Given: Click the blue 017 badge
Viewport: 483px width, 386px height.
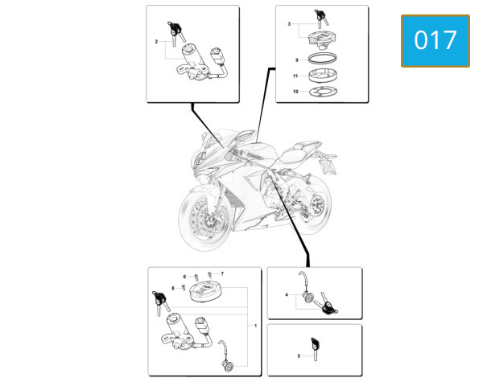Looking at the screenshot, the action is pos(436,41).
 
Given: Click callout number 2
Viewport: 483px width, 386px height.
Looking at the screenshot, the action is pos(156,41).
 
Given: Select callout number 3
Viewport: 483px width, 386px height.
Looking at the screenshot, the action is pos(289,23).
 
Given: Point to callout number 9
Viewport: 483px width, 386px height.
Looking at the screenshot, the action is pos(296,60).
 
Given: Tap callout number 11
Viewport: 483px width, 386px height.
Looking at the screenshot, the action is pos(295,76).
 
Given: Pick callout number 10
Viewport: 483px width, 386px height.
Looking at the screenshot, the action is pos(295,92).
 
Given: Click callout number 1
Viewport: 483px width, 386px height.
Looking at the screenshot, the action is pos(255,326).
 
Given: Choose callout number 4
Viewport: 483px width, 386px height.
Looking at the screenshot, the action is pos(287,294).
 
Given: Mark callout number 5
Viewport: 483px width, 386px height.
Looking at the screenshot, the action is pos(299,355).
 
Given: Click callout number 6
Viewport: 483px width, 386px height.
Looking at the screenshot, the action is pos(184,277).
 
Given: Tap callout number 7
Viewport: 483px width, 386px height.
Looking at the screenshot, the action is pos(222,273).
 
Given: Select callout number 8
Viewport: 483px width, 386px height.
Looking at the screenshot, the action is pos(173,288).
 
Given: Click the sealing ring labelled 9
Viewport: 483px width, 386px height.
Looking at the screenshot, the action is pos(323,58).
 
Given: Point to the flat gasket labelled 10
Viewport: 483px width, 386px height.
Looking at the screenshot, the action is pos(323,92).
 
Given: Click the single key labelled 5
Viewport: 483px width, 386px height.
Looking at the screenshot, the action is pos(315,349).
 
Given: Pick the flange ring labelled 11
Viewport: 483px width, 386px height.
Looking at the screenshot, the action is pos(323,76).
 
